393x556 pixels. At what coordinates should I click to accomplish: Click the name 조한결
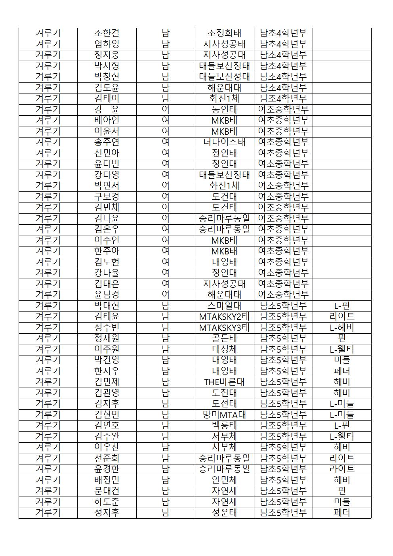(x=107, y=33)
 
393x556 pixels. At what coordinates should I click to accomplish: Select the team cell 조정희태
(x=224, y=33)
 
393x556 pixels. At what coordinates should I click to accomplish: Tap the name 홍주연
(x=107, y=142)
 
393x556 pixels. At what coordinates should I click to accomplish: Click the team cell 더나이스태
(x=224, y=142)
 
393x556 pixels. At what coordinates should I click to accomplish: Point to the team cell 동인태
(x=224, y=109)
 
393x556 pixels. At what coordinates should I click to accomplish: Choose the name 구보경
(x=107, y=197)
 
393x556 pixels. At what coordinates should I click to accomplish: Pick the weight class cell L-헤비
(x=342, y=327)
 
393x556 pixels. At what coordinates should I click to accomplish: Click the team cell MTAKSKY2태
(x=224, y=316)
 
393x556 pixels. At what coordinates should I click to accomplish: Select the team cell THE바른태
(x=224, y=382)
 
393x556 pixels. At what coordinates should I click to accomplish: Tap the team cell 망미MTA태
(x=224, y=415)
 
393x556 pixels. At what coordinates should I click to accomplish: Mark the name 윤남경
(x=107, y=294)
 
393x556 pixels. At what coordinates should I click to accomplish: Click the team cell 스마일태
(x=224, y=306)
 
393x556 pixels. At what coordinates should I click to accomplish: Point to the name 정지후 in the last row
(x=107, y=512)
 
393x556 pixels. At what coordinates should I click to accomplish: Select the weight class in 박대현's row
(x=342, y=306)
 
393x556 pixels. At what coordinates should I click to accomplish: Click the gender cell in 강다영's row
(x=166, y=175)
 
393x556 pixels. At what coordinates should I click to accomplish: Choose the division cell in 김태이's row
(x=283, y=98)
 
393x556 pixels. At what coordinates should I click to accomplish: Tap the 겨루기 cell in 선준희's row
(x=48, y=458)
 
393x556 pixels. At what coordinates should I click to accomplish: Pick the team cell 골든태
(x=224, y=338)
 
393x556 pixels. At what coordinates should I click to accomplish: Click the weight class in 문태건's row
(x=342, y=491)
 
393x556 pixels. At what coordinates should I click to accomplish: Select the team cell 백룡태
(x=224, y=425)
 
